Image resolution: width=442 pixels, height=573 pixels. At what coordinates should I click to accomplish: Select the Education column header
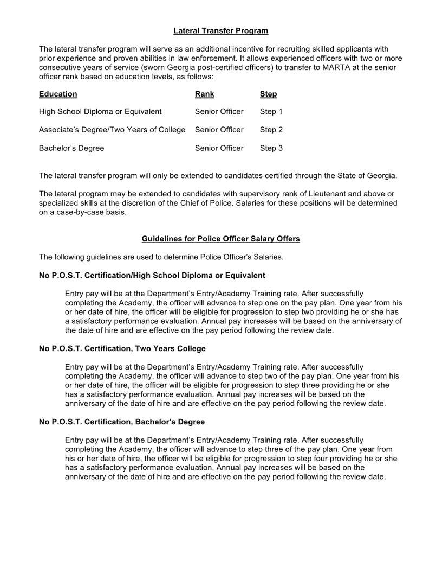point(58,94)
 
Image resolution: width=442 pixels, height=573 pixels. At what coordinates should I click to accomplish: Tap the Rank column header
point(204,94)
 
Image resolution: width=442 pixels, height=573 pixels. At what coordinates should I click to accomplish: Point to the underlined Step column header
point(268,94)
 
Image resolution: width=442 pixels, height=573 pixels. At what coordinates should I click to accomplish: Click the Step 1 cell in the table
point(271,111)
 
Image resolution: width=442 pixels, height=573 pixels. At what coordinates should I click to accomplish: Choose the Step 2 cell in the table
point(271,130)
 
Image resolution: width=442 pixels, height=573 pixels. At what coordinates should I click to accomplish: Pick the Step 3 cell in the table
point(271,148)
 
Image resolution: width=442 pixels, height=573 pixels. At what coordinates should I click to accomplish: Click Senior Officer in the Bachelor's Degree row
point(219,148)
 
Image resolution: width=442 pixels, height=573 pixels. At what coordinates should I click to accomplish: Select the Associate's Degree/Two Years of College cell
point(112,130)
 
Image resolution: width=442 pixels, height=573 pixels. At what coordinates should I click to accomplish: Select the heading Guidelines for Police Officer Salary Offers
point(220,239)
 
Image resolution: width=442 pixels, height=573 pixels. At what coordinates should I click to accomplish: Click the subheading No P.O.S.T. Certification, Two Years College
point(122,348)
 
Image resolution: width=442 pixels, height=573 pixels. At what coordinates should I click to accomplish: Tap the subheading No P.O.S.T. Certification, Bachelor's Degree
point(122,422)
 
